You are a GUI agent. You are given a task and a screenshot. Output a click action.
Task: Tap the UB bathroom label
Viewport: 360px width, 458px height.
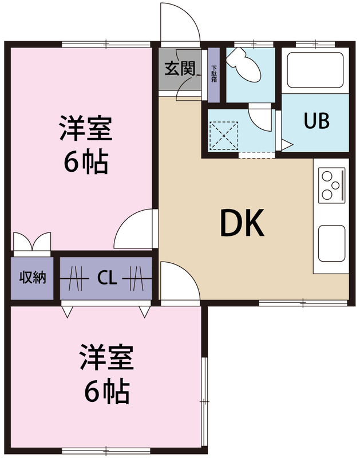point(317,121)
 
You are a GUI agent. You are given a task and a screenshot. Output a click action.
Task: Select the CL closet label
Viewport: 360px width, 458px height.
point(107,279)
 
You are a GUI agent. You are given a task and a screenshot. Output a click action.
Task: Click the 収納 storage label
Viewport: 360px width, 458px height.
point(33,278)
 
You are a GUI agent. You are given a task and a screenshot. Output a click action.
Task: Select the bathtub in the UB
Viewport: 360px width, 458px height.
point(316,70)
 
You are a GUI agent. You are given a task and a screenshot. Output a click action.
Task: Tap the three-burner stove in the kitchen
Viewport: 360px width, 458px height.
point(331,184)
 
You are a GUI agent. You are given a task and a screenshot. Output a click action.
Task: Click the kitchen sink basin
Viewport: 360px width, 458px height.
point(331,243)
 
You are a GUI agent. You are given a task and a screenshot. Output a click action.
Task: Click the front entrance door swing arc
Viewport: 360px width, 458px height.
point(180,23)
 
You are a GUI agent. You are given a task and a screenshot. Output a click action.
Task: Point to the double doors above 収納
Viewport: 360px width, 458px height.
point(32,243)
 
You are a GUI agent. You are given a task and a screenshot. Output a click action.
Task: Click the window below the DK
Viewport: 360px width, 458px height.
point(303,302)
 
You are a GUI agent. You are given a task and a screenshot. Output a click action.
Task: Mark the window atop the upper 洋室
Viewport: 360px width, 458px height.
point(106,44)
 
